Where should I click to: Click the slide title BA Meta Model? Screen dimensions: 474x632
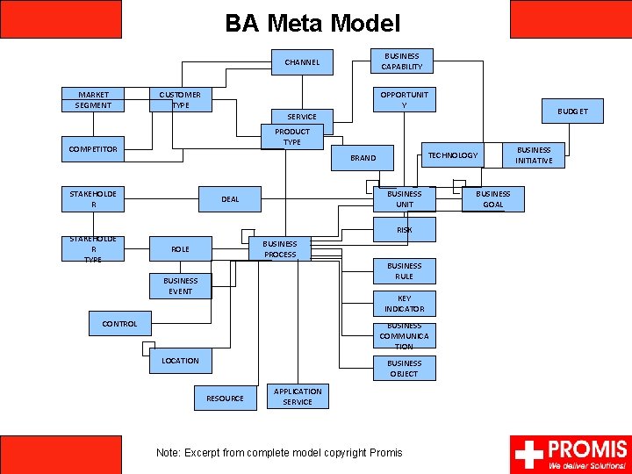point(312,23)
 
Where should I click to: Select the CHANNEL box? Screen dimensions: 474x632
point(302,62)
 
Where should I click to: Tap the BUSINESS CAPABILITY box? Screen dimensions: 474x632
point(402,61)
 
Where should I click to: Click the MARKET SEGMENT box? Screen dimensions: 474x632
point(93,100)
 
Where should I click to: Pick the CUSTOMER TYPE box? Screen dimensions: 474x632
point(180,100)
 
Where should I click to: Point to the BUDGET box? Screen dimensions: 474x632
point(572,111)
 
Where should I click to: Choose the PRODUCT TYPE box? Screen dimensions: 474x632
point(292,137)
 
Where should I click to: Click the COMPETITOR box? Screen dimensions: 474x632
point(93,149)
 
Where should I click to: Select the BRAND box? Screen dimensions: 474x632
point(363,158)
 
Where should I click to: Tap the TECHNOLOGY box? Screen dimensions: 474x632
point(452,155)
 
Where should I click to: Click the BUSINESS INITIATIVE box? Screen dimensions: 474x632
point(534,155)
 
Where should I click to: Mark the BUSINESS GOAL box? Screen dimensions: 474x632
point(493,199)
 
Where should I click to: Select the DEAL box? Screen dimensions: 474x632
point(230,199)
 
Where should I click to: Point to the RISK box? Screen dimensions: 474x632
point(404,230)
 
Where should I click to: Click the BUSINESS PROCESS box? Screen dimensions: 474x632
point(280,249)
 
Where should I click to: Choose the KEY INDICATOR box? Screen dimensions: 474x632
point(404,304)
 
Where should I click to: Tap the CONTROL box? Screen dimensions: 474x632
point(120,324)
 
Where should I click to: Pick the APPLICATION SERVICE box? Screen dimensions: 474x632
point(298,397)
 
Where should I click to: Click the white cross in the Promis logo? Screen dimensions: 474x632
point(528,454)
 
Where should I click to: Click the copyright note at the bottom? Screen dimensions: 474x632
point(279,453)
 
